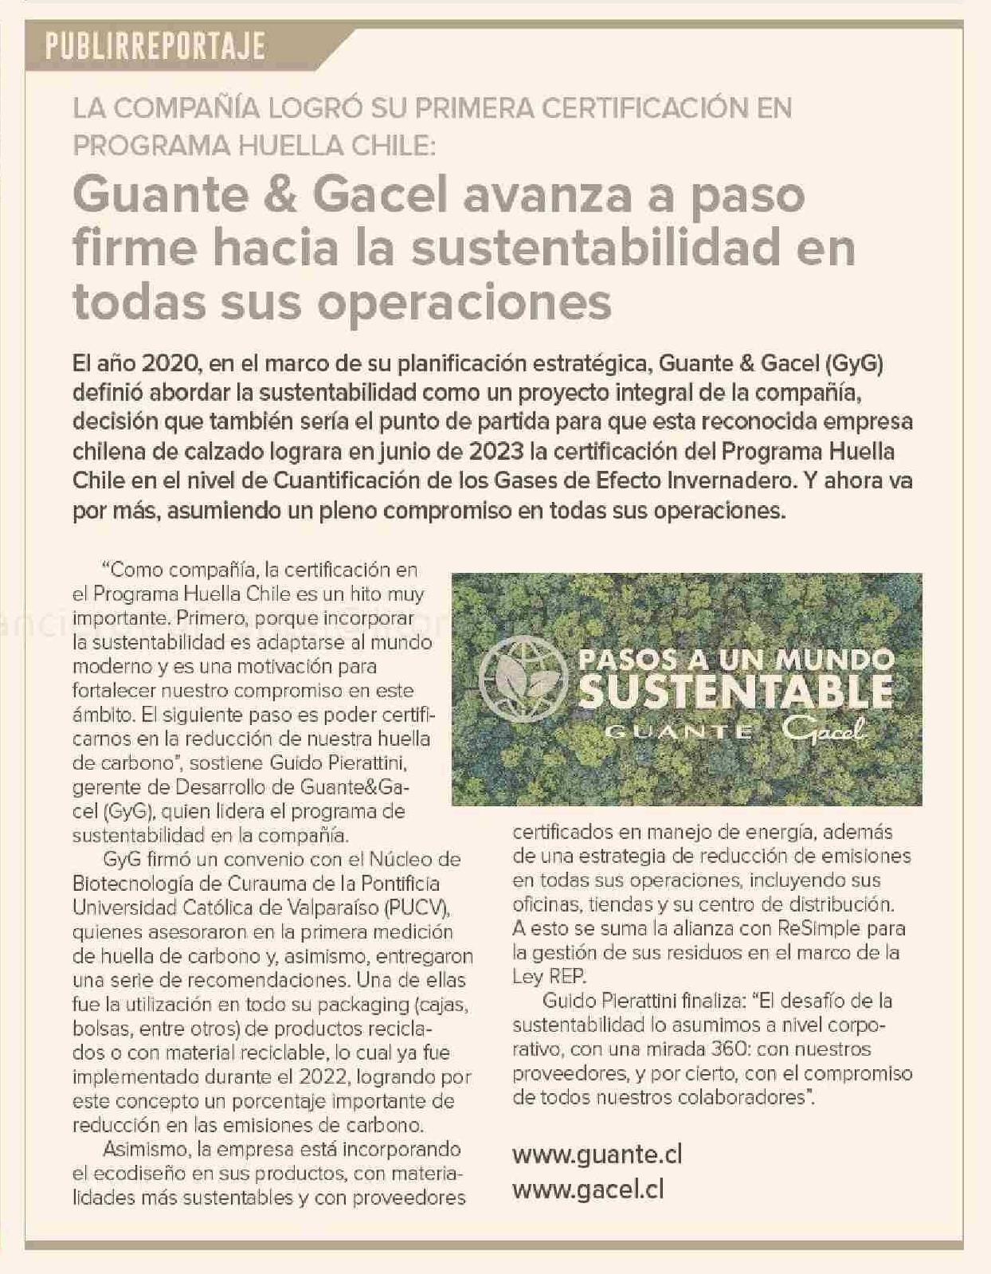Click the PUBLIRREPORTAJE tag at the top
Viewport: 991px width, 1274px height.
pos(155,47)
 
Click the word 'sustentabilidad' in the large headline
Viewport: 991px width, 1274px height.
pos(594,248)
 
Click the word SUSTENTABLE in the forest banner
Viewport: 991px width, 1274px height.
pos(735,692)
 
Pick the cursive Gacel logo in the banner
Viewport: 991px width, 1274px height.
pos(823,729)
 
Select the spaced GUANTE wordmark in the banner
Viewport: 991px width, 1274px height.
pos(679,731)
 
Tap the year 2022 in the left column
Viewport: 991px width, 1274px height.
pos(324,1076)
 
